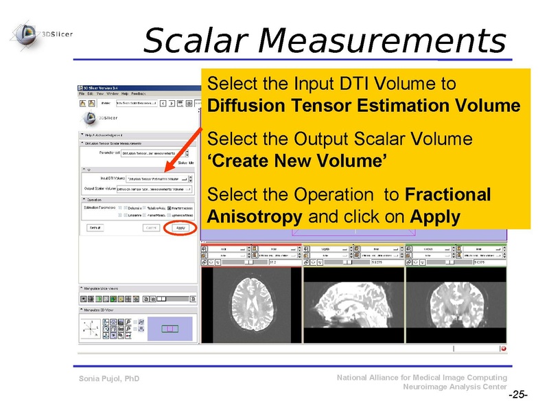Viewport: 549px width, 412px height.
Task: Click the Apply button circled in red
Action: click(180, 227)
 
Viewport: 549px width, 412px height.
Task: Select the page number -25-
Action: click(517, 396)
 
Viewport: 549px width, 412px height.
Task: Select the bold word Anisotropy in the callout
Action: click(254, 217)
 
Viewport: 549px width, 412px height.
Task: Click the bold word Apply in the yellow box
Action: click(434, 217)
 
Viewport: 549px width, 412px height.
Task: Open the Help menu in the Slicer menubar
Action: click(124, 93)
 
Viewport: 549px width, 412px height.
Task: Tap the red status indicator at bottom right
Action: click(503, 348)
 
